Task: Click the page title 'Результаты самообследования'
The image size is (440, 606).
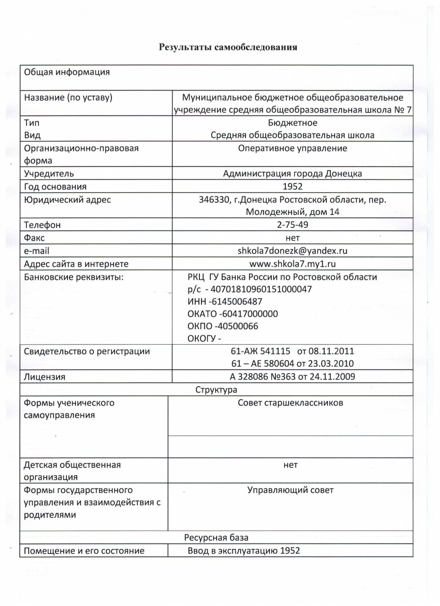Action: point(228,47)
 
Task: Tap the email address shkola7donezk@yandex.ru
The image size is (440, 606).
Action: point(292,251)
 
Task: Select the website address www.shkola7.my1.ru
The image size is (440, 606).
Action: point(292,264)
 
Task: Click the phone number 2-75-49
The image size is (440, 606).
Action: point(292,225)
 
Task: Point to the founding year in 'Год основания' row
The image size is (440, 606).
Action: point(292,187)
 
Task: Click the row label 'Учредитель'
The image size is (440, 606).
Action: point(49,174)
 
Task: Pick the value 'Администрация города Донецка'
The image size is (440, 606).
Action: point(292,174)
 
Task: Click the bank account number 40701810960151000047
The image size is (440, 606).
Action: point(261,289)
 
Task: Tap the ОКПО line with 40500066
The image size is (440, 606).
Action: point(223,326)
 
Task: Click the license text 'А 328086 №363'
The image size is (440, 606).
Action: point(262,377)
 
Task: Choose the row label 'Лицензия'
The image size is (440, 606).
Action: point(44,377)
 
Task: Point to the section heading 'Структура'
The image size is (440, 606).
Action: point(216,390)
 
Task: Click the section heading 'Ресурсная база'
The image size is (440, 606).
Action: point(216,538)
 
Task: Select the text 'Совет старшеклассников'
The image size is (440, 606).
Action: point(290,403)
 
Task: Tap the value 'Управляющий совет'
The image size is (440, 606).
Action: point(290,490)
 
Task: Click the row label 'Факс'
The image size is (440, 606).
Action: point(34,238)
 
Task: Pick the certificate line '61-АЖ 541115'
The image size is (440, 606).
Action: point(260,351)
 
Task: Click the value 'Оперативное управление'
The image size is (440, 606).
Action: point(292,148)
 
